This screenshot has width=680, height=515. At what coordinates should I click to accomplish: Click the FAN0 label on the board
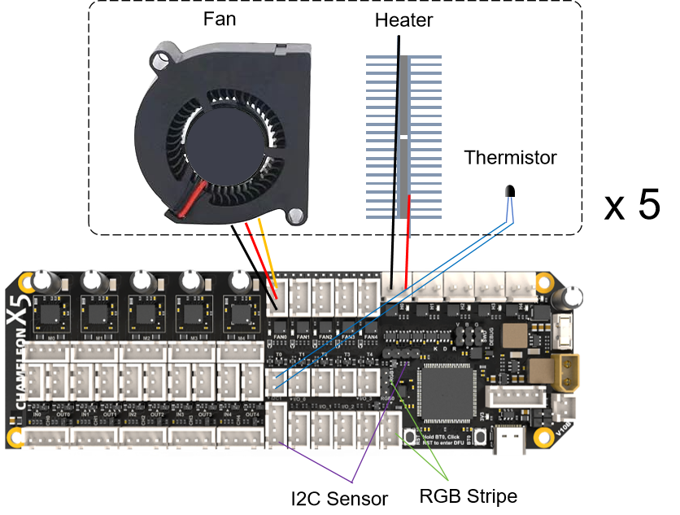281,336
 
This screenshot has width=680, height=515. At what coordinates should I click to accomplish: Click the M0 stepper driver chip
52,313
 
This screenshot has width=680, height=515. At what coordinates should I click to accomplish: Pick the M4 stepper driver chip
241,313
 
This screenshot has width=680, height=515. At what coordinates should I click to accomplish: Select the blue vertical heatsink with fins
403,137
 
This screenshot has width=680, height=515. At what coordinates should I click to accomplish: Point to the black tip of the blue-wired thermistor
508,191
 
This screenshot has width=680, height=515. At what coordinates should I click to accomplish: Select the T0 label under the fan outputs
278,355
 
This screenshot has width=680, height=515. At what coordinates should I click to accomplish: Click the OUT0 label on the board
63,414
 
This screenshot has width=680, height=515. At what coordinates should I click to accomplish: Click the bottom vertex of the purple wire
352,482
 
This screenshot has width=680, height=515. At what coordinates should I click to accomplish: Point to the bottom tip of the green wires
448,480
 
